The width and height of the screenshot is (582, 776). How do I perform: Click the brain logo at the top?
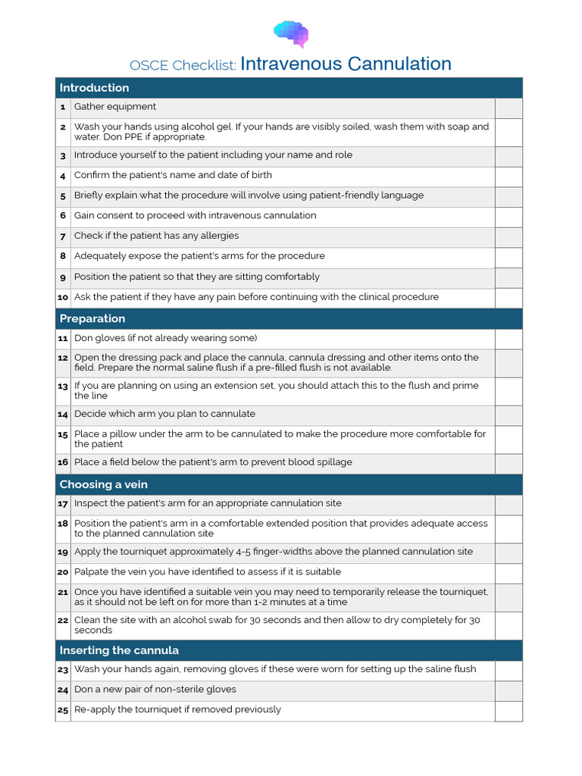pyautogui.click(x=291, y=34)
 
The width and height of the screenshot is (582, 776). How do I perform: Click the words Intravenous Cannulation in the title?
pyautogui.click(x=346, y=64)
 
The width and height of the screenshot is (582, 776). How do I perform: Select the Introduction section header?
pyautogui.click(x=94, y=88)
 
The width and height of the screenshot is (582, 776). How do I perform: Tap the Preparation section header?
pyautogui.click(x=92, y=319)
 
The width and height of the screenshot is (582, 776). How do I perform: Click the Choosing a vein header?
pyautogui.click(x=103, y=484)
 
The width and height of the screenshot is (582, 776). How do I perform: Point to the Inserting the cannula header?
pyautogui.click(x=119, y=650)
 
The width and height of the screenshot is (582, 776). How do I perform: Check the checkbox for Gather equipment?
pyautogui.click(x=508, y=108)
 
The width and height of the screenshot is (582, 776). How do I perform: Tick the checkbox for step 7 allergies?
pyautogui.click(x=508, y=236)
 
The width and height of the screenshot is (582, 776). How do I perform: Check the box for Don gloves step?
pyautogui.click(x=508, y=339)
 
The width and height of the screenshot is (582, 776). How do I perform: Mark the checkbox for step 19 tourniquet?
pyautogui.click(x=508, y=552)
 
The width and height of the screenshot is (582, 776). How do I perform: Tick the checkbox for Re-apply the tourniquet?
pyautogui.click(x=508, y=710)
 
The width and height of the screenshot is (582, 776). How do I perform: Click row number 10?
pyautogui.click(x=63, y=298)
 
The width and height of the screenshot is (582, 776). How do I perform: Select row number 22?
pyautogui.click(x=63, y=621)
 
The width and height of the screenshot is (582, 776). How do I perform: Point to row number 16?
pyautogui.click(x=63, y=463)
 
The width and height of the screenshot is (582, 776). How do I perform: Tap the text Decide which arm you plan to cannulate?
pyautogui.click(x=164, y=415)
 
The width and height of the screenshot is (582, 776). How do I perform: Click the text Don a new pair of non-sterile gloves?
pyautogui.click(x=155, y=690)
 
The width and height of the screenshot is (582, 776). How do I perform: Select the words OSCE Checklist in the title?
pyautogui.click(x=183, y=66)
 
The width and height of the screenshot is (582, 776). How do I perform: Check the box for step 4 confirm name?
pyautogui.click(x=508, y=176)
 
